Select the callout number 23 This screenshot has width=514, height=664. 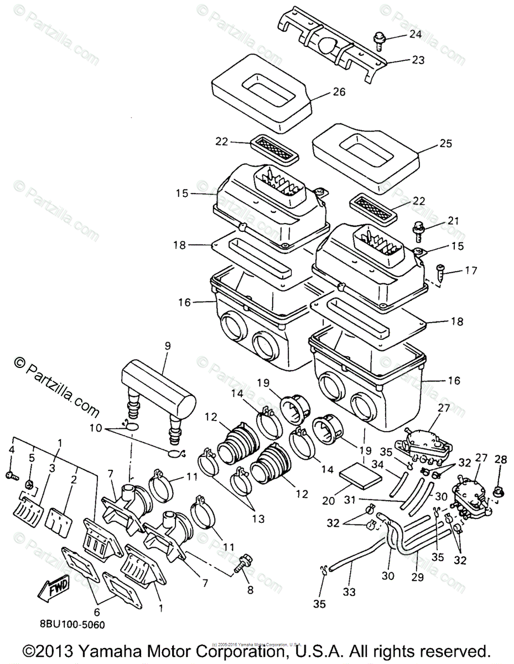point(418,60)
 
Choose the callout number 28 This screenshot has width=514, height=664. point(500,460)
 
